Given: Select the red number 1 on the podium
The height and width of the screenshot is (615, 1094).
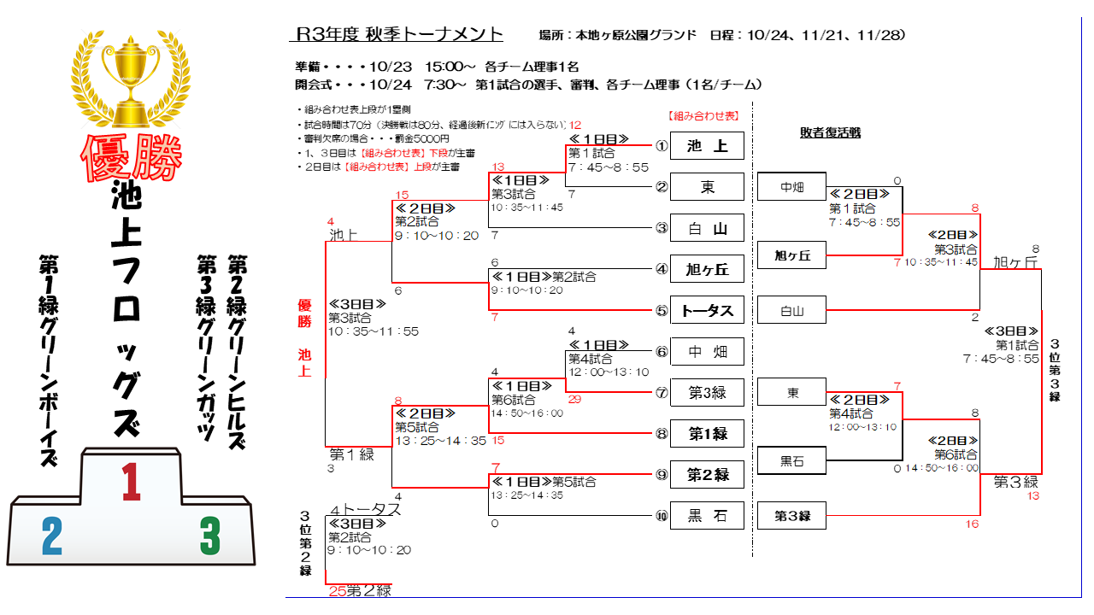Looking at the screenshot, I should point(131,482).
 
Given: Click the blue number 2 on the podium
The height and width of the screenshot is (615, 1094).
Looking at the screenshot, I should point(51,537).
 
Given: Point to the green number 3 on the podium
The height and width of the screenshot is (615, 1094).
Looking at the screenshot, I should point(210,536).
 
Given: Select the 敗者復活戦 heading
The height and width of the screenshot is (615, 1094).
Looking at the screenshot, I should point(830,132).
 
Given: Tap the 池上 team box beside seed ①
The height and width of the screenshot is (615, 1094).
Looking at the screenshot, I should point(708,146).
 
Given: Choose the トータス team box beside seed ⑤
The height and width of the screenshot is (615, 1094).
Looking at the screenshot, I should point(708,310).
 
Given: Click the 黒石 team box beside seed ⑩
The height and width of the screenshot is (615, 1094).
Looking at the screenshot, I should point(708,515).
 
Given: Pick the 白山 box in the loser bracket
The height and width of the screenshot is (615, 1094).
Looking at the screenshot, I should point(792,311).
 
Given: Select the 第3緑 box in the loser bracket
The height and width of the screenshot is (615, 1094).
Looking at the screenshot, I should point(792,516).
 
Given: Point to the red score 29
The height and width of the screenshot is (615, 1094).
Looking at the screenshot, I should point(574,399).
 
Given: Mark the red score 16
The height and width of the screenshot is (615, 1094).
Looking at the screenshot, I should point(972,524).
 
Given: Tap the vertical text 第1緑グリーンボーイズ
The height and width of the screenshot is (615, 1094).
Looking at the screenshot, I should point(49,360).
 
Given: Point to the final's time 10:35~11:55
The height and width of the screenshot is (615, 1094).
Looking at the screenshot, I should point(373,331).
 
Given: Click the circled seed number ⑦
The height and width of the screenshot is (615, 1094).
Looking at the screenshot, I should point(661,393).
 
